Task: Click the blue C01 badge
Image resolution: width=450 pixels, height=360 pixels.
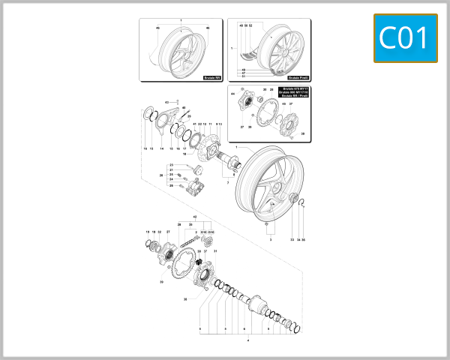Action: (405, 37)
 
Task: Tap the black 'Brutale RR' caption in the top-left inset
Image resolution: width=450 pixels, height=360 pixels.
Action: (212, 76)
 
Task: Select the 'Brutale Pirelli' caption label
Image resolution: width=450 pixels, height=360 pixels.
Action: (298, 76)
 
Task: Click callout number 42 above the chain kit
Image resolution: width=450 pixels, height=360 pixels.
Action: (194, 216)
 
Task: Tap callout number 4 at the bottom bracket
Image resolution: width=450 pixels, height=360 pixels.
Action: (247, 342)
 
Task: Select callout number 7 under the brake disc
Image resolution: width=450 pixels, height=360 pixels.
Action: (226, 182)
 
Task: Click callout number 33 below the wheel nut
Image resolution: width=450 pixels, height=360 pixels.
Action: (292, 240)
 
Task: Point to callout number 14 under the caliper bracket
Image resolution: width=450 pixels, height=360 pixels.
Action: (161, 149)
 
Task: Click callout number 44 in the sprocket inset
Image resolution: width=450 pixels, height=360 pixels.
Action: (234, 93)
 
